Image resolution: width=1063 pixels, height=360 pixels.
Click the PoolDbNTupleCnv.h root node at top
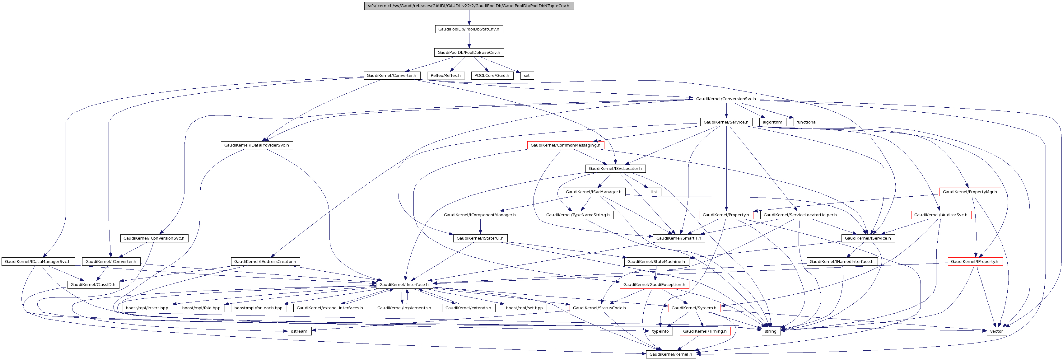coord(469,6)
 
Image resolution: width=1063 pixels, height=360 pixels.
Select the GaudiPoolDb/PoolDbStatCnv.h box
coord(469,29)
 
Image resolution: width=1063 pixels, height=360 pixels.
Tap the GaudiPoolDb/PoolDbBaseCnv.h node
coord(469,53)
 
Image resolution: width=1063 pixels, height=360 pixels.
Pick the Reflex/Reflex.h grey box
coord(446,76)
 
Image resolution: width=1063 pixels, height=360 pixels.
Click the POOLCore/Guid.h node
coord(492,76)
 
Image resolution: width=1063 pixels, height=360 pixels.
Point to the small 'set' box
coord(527,76)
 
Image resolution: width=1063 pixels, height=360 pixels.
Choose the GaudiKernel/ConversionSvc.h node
coord(726,99)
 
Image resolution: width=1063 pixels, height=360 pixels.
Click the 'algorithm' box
coord(772,122)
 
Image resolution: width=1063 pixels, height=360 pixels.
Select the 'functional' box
coord(807,122)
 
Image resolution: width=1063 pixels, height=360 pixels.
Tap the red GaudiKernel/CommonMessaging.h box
coord(565,145)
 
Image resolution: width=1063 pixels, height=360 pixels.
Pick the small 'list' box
coord(654,192)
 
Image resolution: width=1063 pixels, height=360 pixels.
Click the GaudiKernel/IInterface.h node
coord(404,284)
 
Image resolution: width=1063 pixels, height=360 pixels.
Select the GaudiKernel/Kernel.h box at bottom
coord(671,354)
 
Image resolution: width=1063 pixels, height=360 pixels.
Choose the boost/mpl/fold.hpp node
coord(201,308)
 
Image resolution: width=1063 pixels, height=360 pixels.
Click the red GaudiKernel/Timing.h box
coord(705,331)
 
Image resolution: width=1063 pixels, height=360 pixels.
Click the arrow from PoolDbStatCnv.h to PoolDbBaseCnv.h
coord(469,41)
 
